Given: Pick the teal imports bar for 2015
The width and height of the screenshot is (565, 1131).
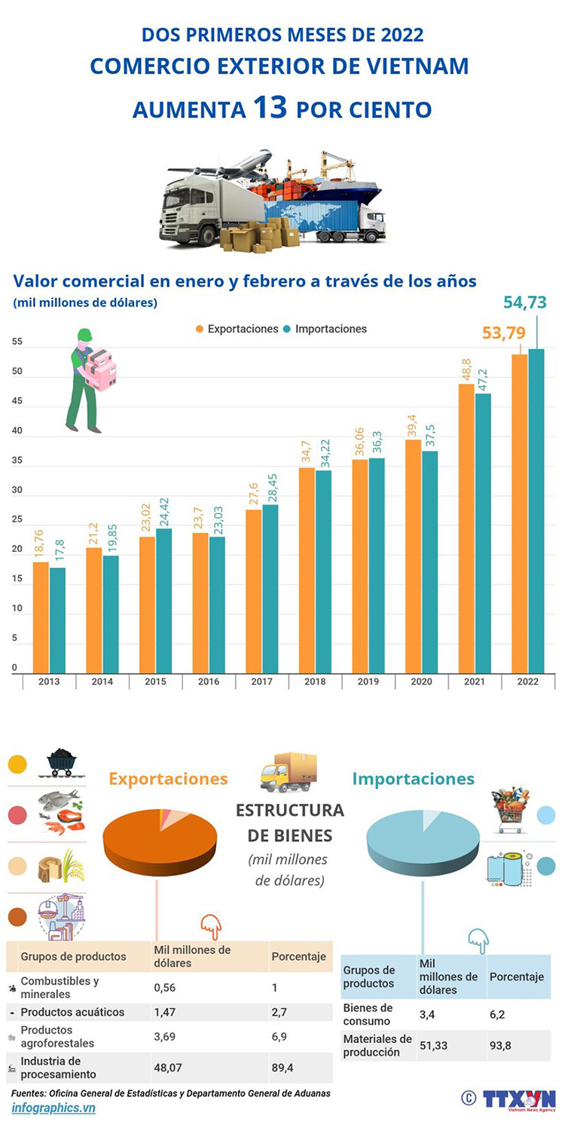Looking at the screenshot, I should point(163,600).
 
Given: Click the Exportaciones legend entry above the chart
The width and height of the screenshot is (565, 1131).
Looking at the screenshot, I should point(237,329).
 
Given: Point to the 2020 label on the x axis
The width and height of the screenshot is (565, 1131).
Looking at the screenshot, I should point(422,682).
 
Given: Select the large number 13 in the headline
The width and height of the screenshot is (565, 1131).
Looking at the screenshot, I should point(270,107).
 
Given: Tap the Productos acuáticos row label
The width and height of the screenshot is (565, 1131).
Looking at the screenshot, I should point(72,1012).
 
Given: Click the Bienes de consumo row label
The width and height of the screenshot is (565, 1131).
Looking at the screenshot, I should point(368,1014).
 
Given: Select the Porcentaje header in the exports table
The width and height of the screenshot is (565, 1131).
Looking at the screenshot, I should point(298,956).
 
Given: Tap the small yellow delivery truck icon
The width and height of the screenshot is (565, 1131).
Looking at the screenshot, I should point(288,772).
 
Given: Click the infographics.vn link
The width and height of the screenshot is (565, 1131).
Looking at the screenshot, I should point(53,1108).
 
